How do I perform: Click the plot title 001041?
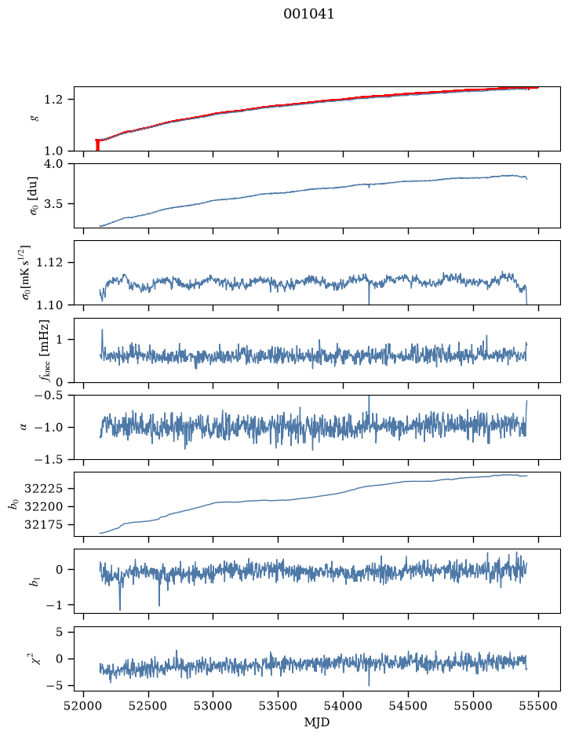pyautogui.click(x=308, y=14)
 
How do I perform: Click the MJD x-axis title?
pyautogui.click(x=317, y=722)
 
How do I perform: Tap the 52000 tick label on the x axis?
pyautogui.click(x=84, y=706)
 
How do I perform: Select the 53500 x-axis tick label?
pyautogui.click(x=279, y=706)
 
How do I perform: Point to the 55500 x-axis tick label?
pyautogui.click(x=538, y=706)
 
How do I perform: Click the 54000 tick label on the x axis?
pyautogui.click(x=343, y=706)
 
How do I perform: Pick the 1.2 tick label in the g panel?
pyautogui.click(x=53, y=100)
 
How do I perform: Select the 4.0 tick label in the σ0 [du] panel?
pyautogui.click(x=53, y=164)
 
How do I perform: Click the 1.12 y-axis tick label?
pyautogui.click(x=49, y=262)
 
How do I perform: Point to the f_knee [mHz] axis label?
pyautogui.click(x=44, y=351)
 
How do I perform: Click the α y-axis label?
pyautogui.click(x=24, y=427)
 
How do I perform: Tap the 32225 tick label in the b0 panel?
pyautogui.click(x=43, y=489)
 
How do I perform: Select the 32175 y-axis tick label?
pyautogui.click(x=43, y=524)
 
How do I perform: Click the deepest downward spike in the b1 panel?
pyautogui.click(x=120, y=609)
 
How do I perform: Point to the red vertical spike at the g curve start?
pyautogui.click(x=97, y=145)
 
